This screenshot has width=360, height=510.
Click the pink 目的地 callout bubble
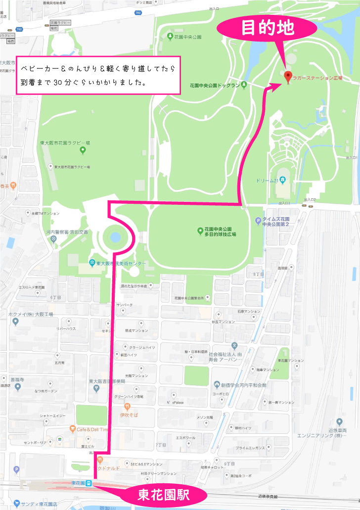pos(268,28)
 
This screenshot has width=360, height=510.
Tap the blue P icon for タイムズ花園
pos(258,221)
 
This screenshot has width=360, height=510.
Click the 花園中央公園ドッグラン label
pos(218,86)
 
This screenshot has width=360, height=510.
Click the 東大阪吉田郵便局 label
pos(107,381)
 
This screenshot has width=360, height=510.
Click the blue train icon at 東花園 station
pos(88,483)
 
